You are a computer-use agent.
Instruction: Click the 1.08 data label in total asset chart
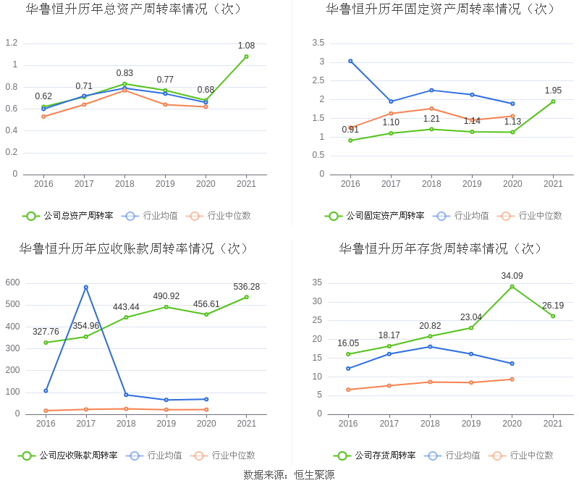(246, 46)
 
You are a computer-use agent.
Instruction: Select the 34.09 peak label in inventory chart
(512, 276)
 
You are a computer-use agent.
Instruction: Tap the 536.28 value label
(246, 287)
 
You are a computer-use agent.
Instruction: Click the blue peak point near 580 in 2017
(85, 288)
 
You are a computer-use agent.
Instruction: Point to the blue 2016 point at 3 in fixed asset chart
(350, 61)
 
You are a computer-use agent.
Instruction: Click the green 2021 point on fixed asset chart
(553, 101)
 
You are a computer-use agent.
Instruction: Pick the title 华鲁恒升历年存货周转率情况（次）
(441, 248)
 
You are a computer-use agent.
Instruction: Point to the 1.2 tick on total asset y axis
(12, 43)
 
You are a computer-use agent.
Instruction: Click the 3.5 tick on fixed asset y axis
(318, 43)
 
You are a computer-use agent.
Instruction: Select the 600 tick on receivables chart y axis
(12, 282)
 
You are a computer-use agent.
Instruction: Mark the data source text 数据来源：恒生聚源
(289, 475)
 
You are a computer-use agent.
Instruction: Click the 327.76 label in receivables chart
(46, 332)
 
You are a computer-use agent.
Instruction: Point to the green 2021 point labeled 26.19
(553, 316)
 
